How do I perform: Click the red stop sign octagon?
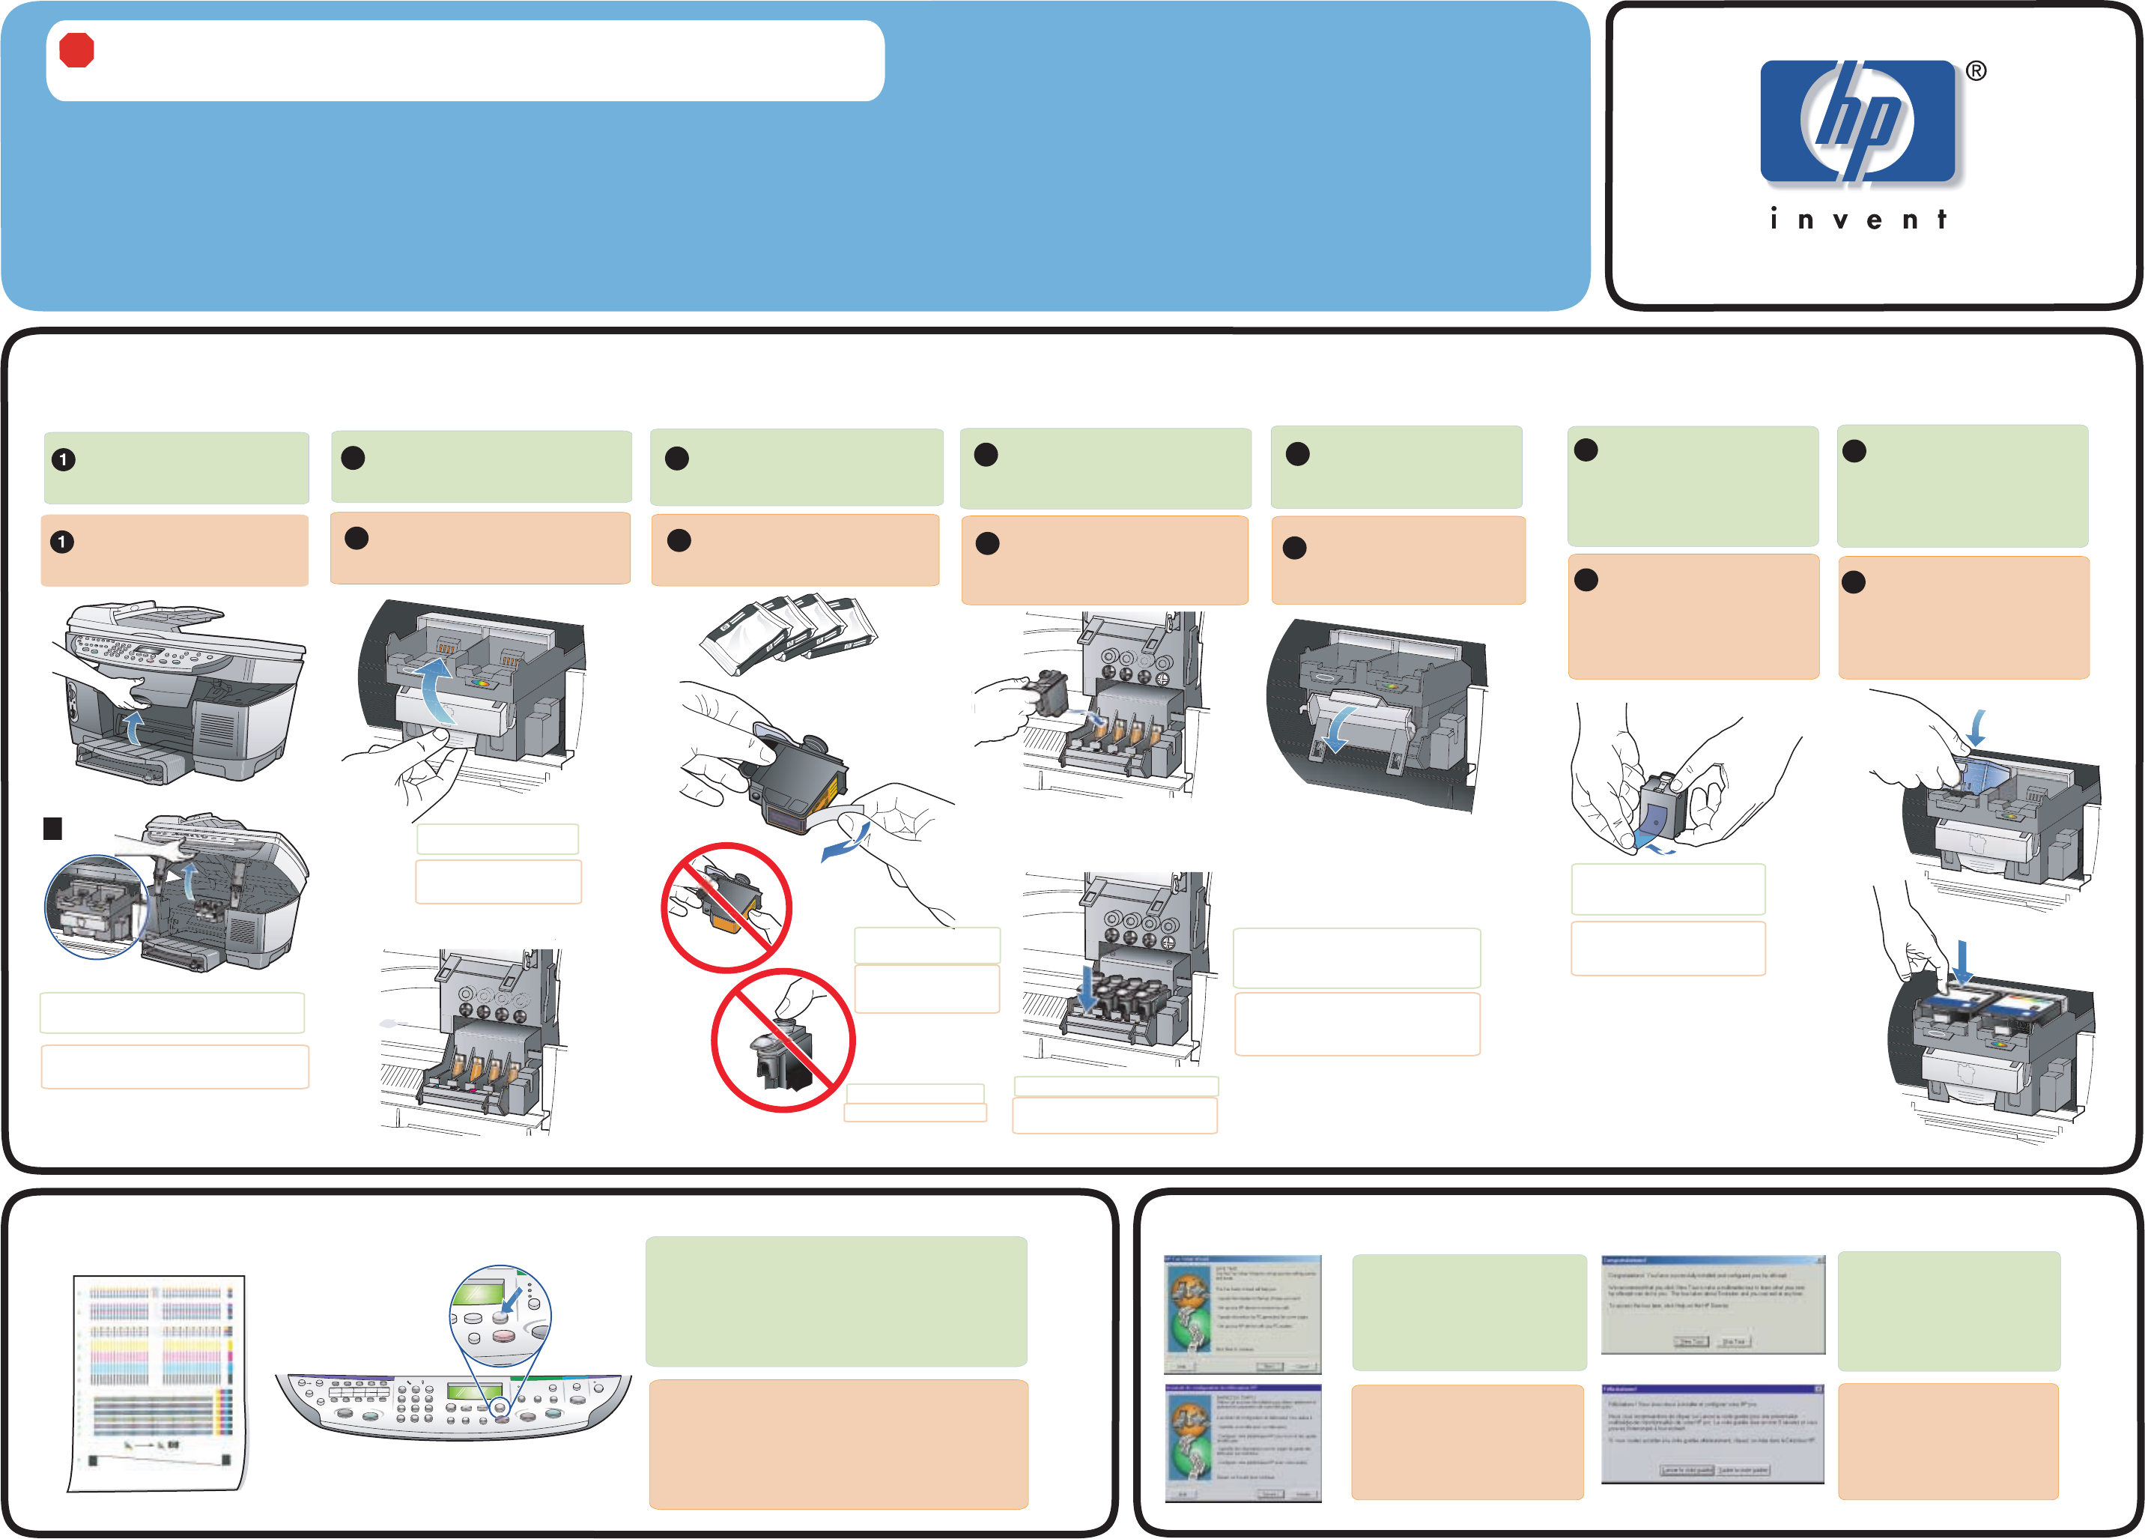(76, 50)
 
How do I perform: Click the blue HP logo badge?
(1857, 121)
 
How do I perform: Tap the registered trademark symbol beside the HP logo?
(1976, 71)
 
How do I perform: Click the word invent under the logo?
(1857, 220)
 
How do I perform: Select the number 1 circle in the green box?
(64, 460)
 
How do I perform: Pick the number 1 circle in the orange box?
(62, 542)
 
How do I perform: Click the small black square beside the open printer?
(53, 829)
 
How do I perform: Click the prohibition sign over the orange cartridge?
(726, 906)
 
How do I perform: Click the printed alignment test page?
(158, 1382)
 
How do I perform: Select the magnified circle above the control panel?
(500, 1316)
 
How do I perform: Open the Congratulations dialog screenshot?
(1713, 1304)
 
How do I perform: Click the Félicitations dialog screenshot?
(1713, 1433)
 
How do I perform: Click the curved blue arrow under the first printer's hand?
(136, 728)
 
